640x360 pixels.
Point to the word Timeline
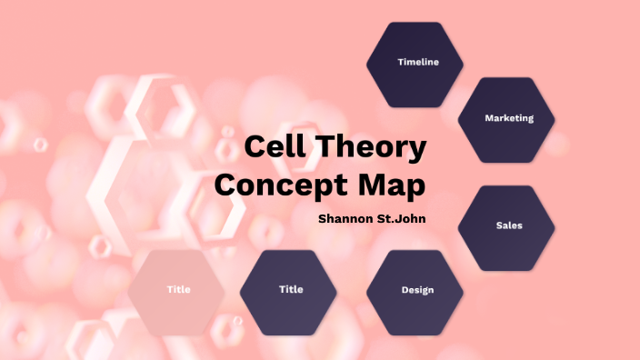(418, 62)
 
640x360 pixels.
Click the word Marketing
(508, 118)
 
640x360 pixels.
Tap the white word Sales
(509, 225)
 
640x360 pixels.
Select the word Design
(417, 290)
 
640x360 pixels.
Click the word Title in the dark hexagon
(291, 289)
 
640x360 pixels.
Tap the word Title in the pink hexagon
(178, 289)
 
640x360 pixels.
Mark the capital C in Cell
(255, 148)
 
